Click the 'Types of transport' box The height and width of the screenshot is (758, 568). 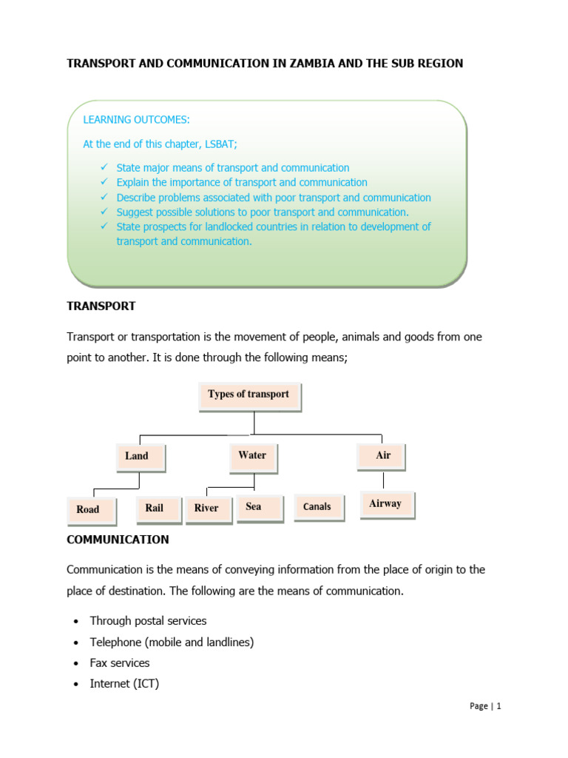tap(249, 395)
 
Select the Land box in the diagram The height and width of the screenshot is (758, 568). tap(141, 456)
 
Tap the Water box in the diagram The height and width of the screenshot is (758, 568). tap(253, 455)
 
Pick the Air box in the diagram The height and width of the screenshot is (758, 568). tap(381, 455)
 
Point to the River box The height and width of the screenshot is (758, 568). tap(208, 509)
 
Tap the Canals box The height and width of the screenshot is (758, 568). tap(318, 507)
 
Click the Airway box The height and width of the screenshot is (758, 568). tap(387, 504)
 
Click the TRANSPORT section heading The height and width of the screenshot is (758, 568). tap(101, 306)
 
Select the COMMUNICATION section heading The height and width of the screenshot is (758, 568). tap(118, 540)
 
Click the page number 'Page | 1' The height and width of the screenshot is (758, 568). tap(485, 706)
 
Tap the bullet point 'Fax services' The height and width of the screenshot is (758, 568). tap(120, 663)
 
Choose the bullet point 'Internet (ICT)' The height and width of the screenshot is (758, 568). tap(124, 684)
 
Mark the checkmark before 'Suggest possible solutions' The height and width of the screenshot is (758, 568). tap(103, 212)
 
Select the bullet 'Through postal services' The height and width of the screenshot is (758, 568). tap(148, 621)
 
